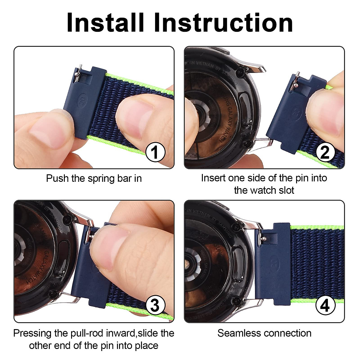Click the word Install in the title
[x=105, y=23]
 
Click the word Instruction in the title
[x=223, y=23]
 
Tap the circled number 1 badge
[x=155, y=152]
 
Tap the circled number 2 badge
[x=325, y=152]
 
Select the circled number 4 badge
[x=325, y=306]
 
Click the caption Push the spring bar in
[x=94, y=178]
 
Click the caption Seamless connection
[x=264, y=333]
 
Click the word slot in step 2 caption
[x=285, y=190]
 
